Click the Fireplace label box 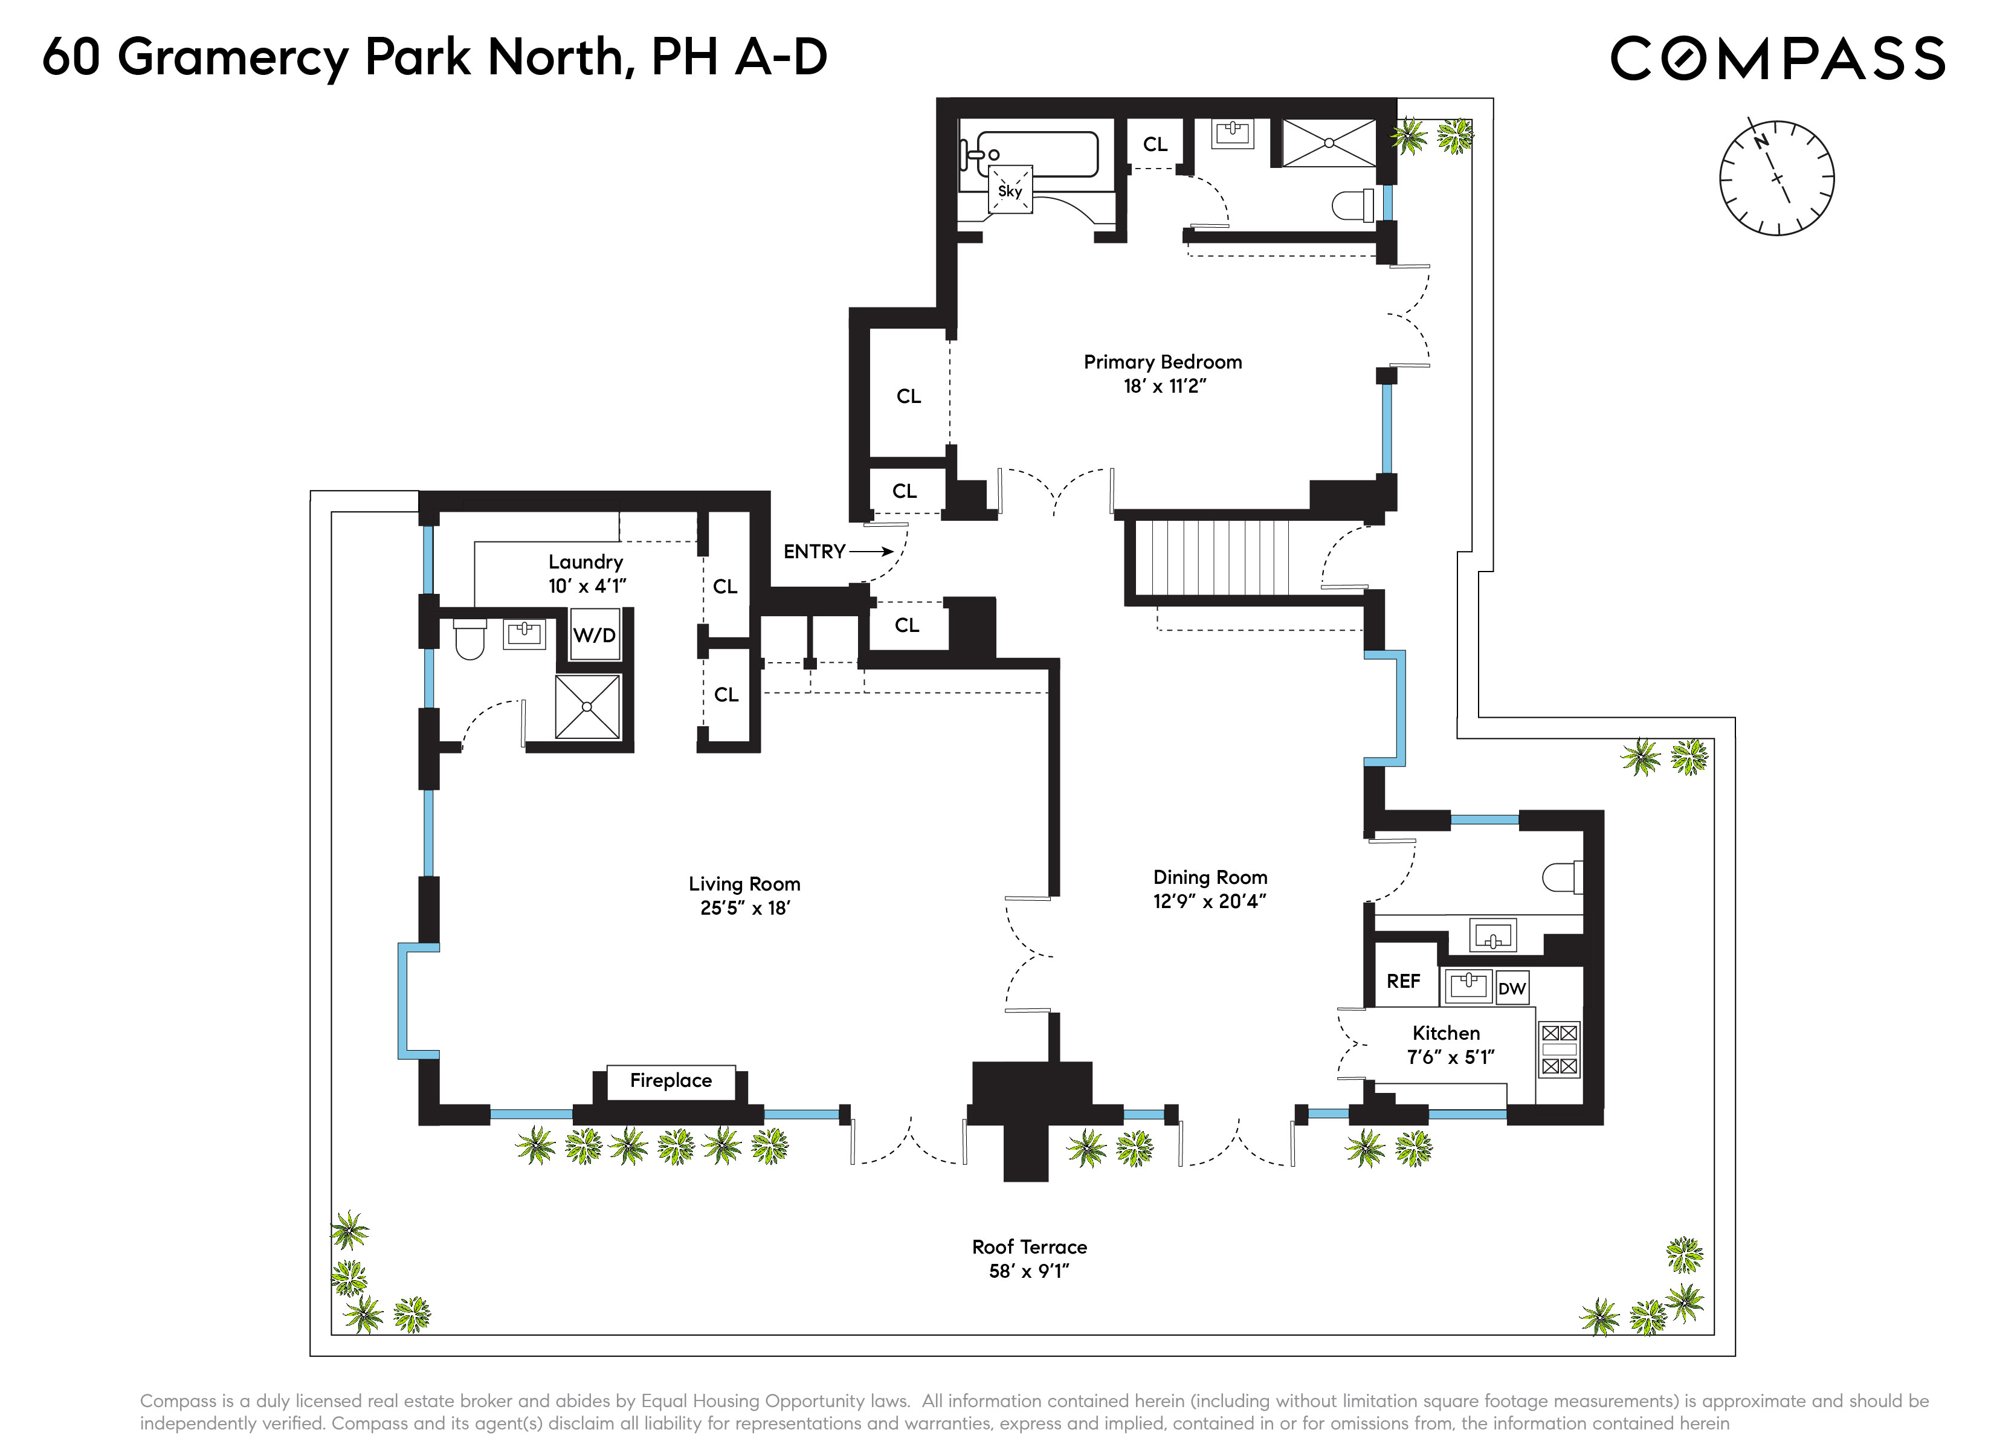click(x=671, y=1081)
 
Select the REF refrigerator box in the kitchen click(x=1403, y=981)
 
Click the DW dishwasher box click(x=1512, y=988)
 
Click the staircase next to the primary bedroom click(x=1213, y=558)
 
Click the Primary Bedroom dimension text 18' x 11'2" click(x=1164, y=386)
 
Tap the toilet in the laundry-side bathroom click(x=470, y=639)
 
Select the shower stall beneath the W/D click(x=587, y=707)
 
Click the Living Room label click(x=744, y=884)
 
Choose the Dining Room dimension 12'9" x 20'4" click(x=1210, y=901)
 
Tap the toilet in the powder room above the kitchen click(x=1563, y=877)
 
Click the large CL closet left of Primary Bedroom click(x=908, y=396)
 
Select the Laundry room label click(x=586, y=562)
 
